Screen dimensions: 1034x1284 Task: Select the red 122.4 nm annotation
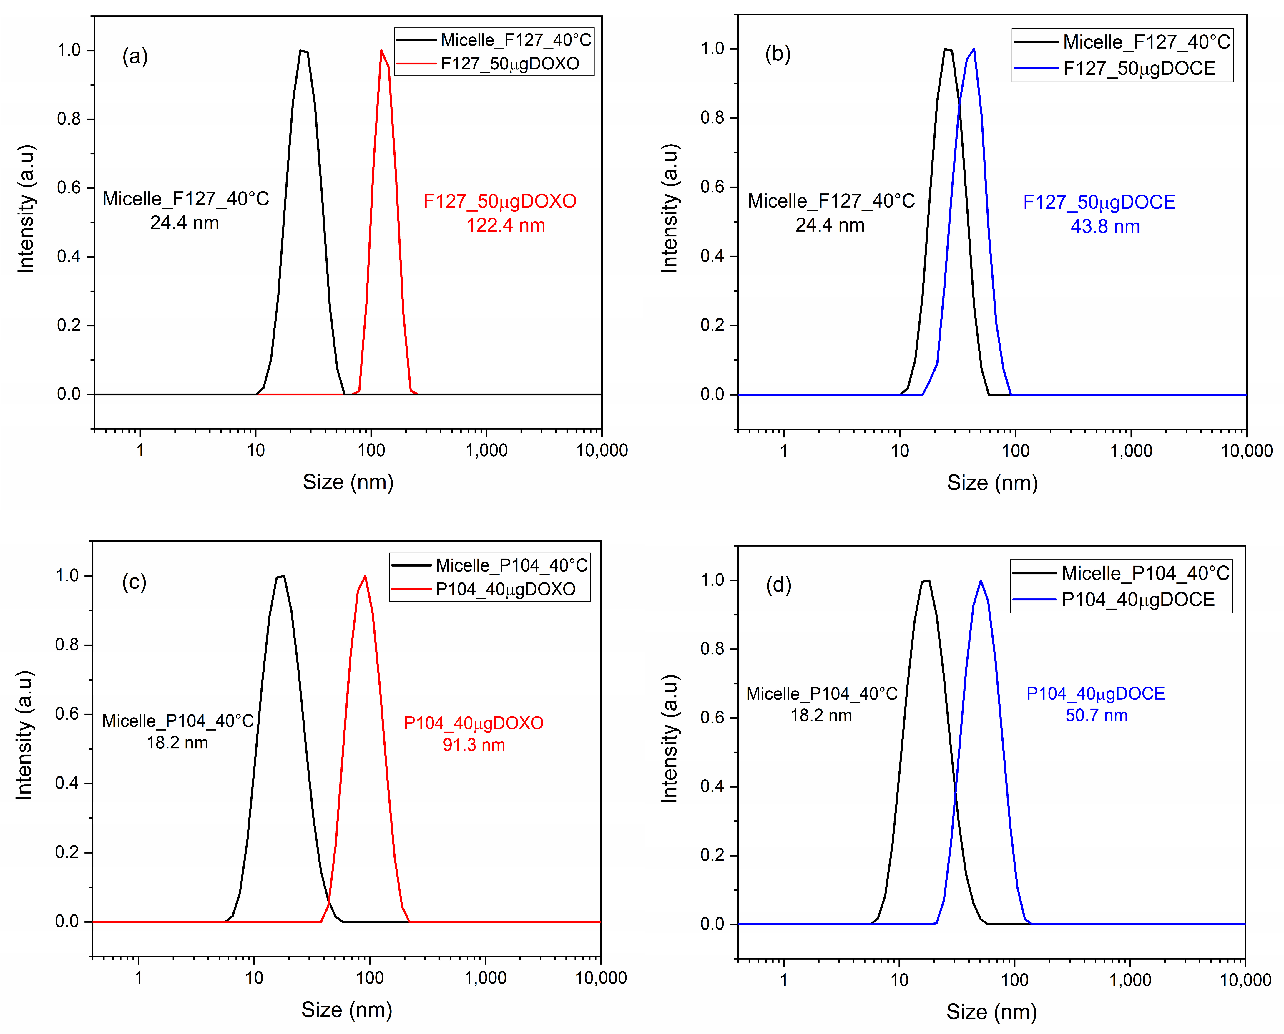click(506, 225)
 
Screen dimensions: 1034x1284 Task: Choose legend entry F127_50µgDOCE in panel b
click(1139, 69)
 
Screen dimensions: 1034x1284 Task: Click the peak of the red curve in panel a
click(381, 51)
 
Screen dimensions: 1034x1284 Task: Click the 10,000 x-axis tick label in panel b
click(1247, 451)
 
